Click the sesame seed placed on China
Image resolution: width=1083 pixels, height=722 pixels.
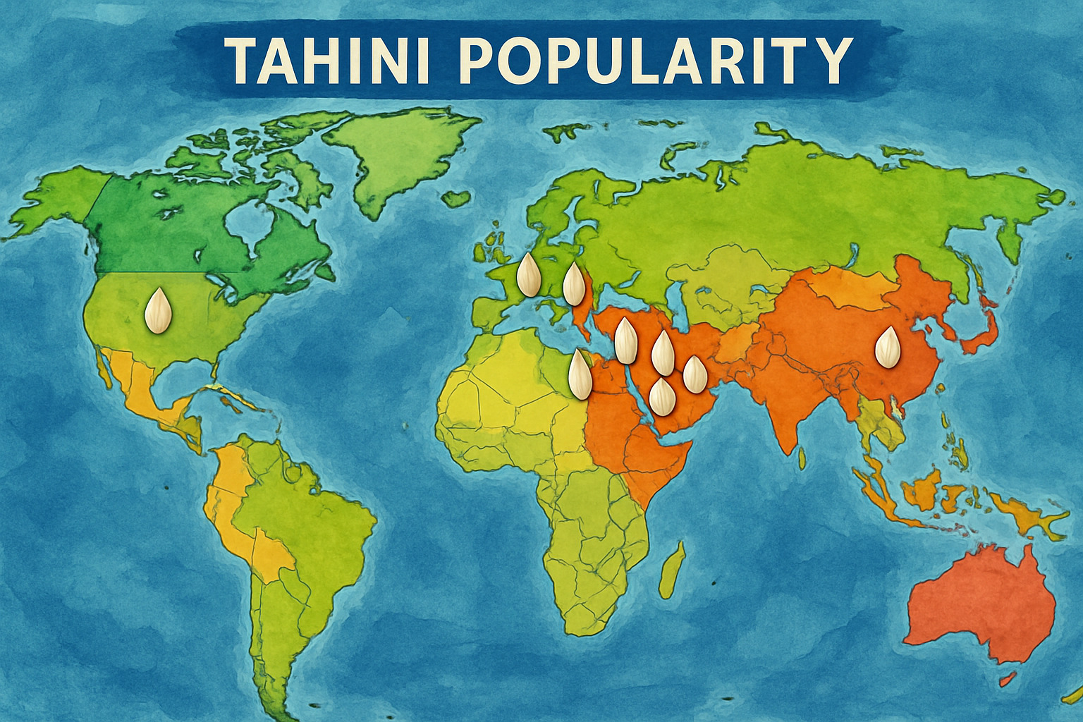pyautogui.click(x=887, y=347)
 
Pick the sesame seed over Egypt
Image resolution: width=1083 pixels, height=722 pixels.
pyautogui.click(x=580, y=374)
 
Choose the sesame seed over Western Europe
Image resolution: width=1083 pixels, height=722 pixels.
pyautogui.click(x=527, y=275)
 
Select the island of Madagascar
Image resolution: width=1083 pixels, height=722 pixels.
pyautogui.click(x=673, y=568)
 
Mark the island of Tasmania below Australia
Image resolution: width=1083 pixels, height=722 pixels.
pyautogui.click(x=1008, y=679)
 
